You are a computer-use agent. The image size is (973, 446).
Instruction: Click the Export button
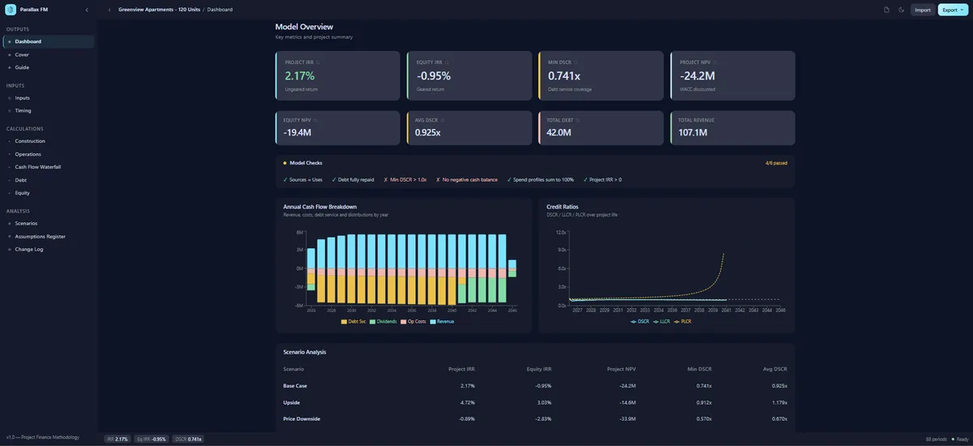tap(950, 10)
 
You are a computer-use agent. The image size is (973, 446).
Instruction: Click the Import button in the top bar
tap(922, 10)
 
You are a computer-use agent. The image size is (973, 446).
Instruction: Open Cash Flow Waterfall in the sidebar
tap(38, 167)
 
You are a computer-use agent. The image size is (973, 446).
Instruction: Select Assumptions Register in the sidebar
tap(40, 236)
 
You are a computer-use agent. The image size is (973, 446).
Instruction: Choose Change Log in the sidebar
tap(29, 249)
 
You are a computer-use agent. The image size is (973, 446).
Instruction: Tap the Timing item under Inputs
tap(24, 110)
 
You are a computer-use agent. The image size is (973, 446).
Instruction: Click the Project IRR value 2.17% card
tap(298, 76)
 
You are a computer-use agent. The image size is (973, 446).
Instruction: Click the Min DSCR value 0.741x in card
tap(564, 76)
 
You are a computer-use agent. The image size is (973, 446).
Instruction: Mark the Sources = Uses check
tap(302, 179)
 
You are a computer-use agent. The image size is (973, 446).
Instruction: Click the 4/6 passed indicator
tap(775, 163)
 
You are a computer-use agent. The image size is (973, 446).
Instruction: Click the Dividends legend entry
tap(384, 322)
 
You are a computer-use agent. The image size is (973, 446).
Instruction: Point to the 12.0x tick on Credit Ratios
tap(560, 232)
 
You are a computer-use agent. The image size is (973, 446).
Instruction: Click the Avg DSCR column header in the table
tap(775, 369)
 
